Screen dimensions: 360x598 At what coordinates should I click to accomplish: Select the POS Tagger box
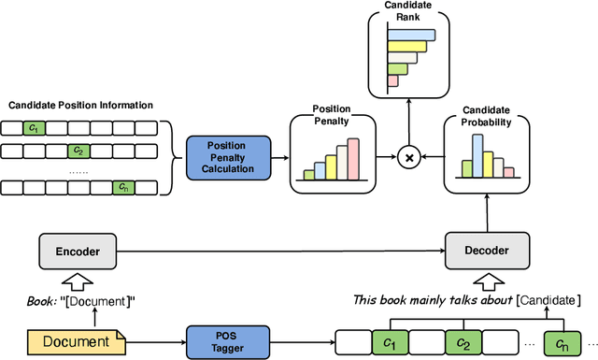pyautogui.click(x=227, y=340)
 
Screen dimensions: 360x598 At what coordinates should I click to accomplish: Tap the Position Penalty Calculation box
pyautogui.click(x=227, y=155)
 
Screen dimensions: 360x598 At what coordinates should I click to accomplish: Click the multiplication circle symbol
pyautogui.click(x=406, y=156)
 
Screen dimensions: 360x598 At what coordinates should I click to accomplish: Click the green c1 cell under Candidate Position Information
pyautogui.click(x=33, y=127)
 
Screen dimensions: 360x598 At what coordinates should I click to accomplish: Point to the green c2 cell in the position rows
pyautogui.click(x=78, y=150)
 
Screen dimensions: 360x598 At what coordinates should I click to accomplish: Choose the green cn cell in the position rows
pyautogui.click(x=123, y=187)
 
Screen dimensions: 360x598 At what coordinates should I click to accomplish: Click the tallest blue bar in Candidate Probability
pyautogui.click(x=477, y=155)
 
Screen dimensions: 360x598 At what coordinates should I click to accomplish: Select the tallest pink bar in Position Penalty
pyautogui.click(x=353, y=159)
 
